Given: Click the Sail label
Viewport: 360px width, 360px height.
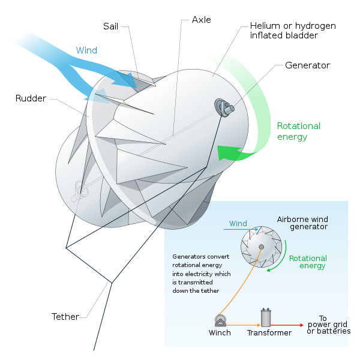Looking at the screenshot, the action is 110,26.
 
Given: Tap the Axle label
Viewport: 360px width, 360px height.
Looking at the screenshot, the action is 202,20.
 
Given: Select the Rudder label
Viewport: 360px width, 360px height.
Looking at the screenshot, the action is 31,98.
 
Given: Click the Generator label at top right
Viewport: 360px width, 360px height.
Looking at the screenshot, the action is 307,65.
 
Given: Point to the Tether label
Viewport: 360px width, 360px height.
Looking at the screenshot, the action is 65,317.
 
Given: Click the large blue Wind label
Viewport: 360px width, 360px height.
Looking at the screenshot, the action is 86,50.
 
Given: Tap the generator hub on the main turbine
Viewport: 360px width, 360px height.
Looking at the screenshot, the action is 224,107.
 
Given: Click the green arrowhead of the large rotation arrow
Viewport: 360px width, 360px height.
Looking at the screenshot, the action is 229,152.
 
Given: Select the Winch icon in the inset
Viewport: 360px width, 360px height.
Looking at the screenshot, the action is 220,320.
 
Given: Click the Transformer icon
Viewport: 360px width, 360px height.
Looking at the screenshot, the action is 266,317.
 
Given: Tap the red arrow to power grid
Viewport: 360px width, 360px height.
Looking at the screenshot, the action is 287,325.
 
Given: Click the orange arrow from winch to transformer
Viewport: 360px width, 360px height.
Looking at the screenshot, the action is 244,325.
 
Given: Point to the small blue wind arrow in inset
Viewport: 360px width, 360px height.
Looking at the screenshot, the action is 241,229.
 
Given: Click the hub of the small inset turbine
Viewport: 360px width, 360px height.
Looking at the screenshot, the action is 261,247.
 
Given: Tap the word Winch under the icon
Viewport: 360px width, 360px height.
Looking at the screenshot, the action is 220,332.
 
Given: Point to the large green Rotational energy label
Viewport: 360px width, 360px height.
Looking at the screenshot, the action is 299,131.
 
